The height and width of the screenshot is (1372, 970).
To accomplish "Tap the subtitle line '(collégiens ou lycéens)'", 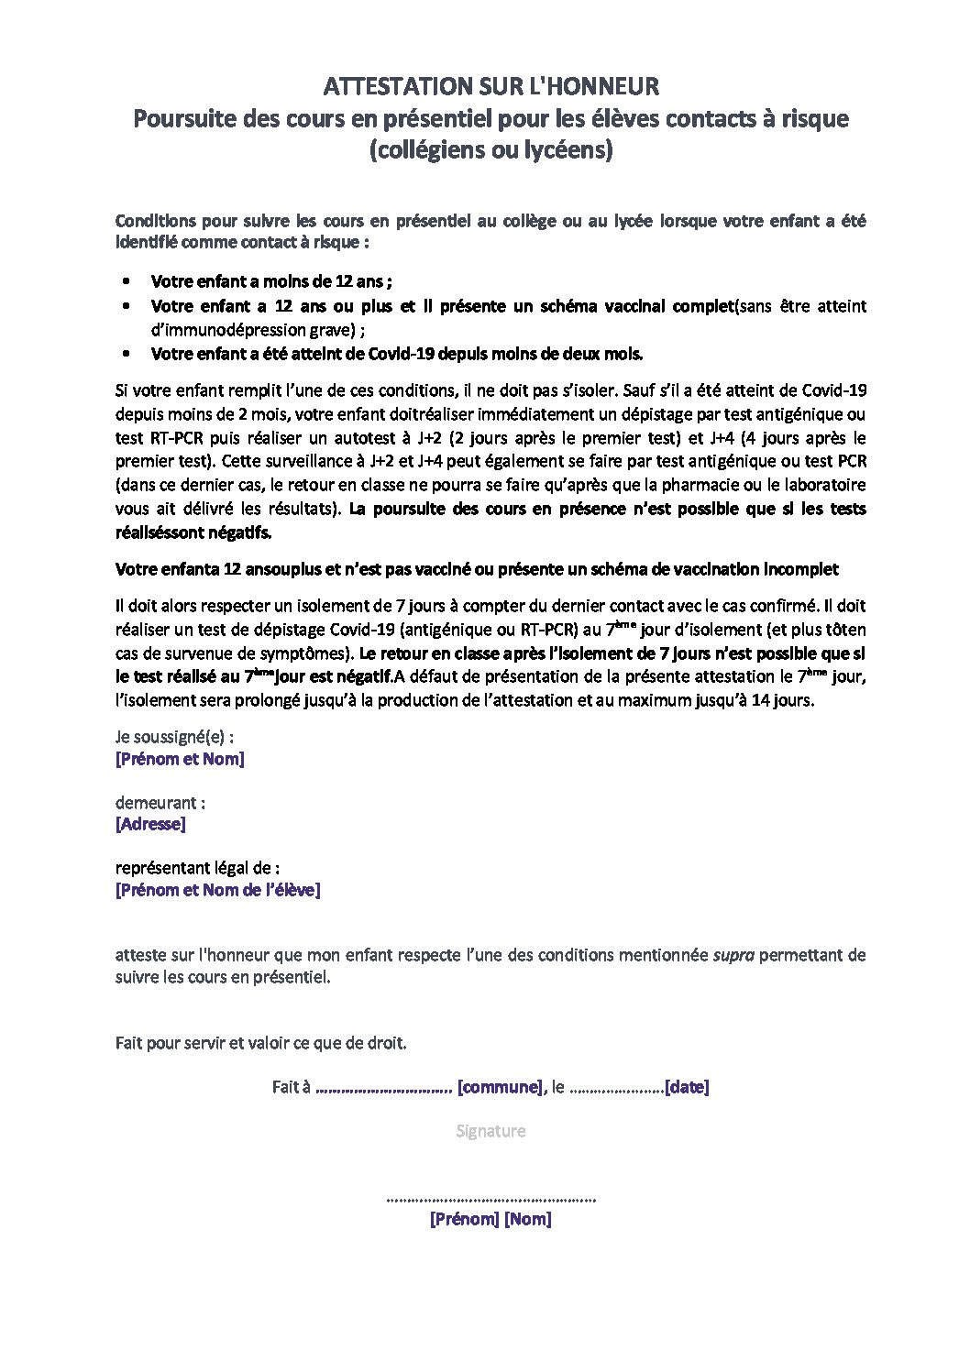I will point(491,150).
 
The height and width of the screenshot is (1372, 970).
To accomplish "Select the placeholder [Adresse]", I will point(150,824).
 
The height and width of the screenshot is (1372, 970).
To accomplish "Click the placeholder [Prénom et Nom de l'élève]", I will point(217,890).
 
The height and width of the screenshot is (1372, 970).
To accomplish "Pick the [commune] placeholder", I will point(500,1087).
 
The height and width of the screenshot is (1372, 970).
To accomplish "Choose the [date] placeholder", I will point(687,1087).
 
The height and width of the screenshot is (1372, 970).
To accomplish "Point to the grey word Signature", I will point(491,1131).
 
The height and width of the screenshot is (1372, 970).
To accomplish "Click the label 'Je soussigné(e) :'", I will point(174,737).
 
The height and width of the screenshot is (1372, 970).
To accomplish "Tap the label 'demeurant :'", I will point(160,803).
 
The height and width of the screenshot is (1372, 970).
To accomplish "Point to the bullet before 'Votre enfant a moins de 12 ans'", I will point(127,282).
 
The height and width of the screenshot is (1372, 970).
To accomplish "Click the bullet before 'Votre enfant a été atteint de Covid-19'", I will point(127,355).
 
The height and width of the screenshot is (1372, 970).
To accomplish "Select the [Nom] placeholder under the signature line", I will point(528,1220).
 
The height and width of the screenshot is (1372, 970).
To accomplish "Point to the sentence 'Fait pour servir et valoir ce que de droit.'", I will point(260,1043).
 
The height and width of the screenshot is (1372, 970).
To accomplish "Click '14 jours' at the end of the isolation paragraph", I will point(785,701).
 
